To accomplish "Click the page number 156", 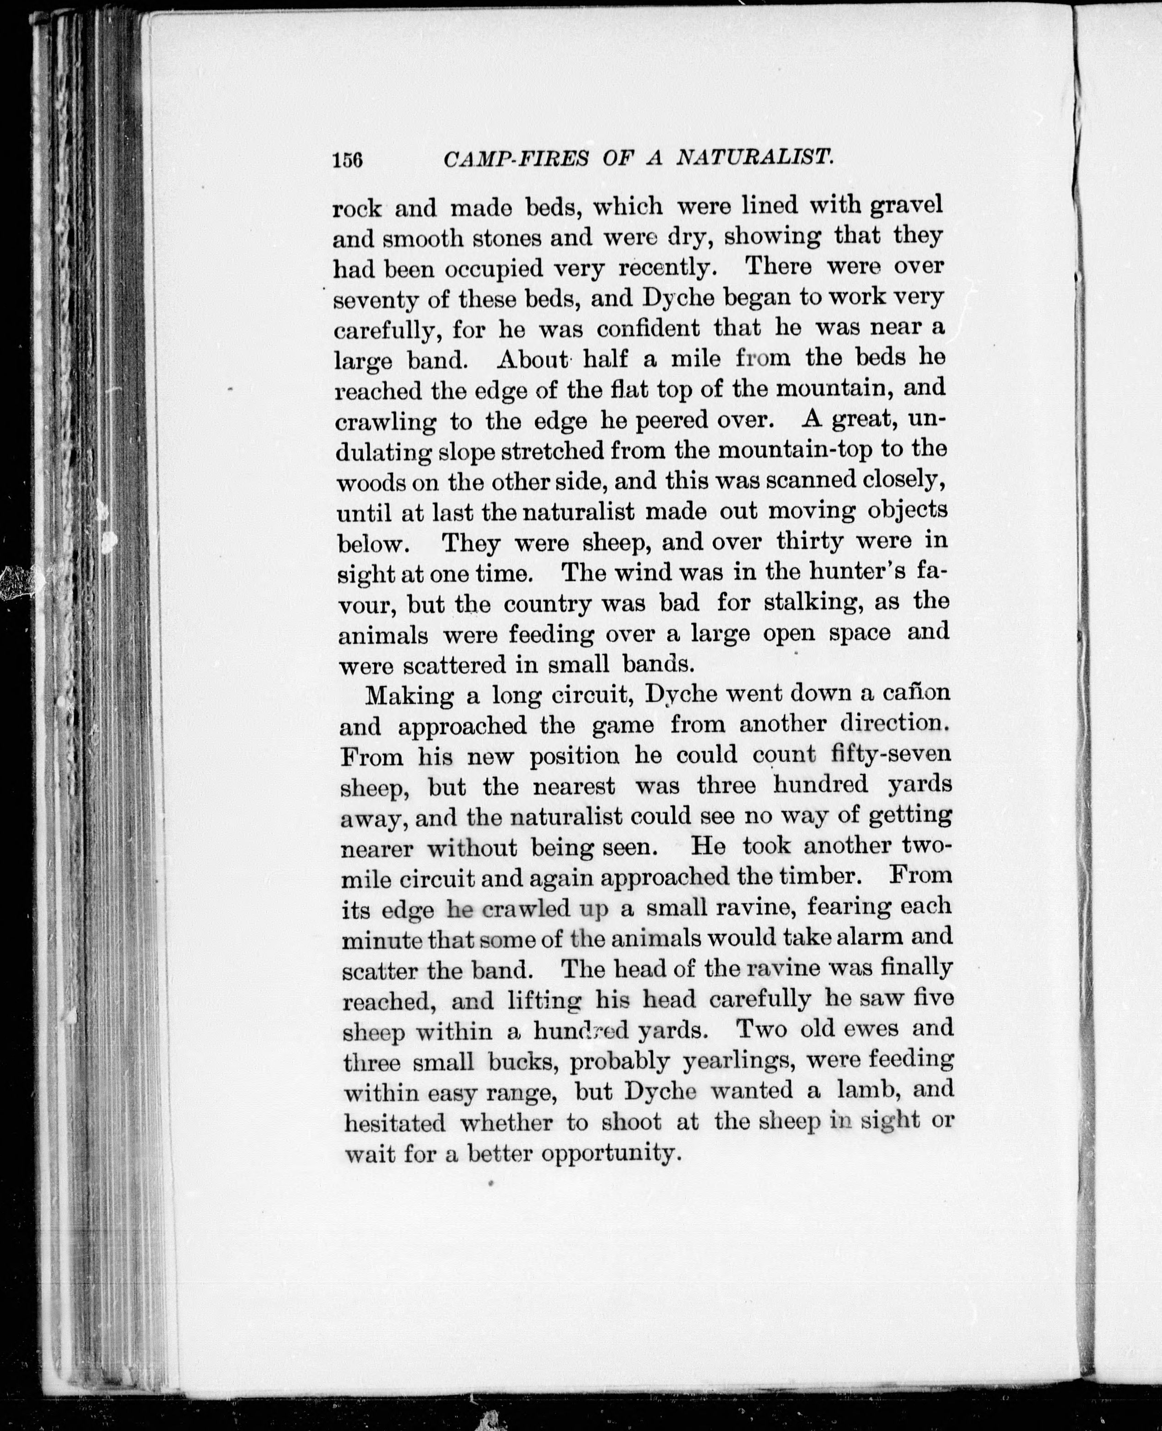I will click(347, 159).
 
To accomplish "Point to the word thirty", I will click(810, 540).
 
